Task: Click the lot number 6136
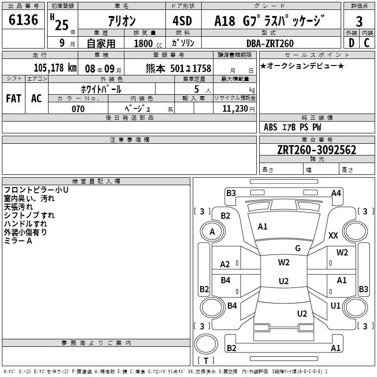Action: (x=23, y=20)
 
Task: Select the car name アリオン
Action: (x=122, y=22)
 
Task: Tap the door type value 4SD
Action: (x=183, y=21)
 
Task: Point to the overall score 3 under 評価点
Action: (x=359, y=22)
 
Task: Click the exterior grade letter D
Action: (x=351, y=43)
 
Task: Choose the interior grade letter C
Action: (x=367, y=43)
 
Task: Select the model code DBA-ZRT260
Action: (x=270, y=43)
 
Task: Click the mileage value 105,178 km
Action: (x=55, y=68)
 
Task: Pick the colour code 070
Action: (x=78, y=109)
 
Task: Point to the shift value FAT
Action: (x=13, y=98)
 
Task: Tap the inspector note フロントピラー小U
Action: (x=36, y=190)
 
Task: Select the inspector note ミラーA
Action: (x=18, y=240)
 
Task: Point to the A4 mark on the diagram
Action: (x=336, y=193)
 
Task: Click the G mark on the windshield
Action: (x=298, y=248)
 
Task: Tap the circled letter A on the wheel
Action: (x=212, y=232)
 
